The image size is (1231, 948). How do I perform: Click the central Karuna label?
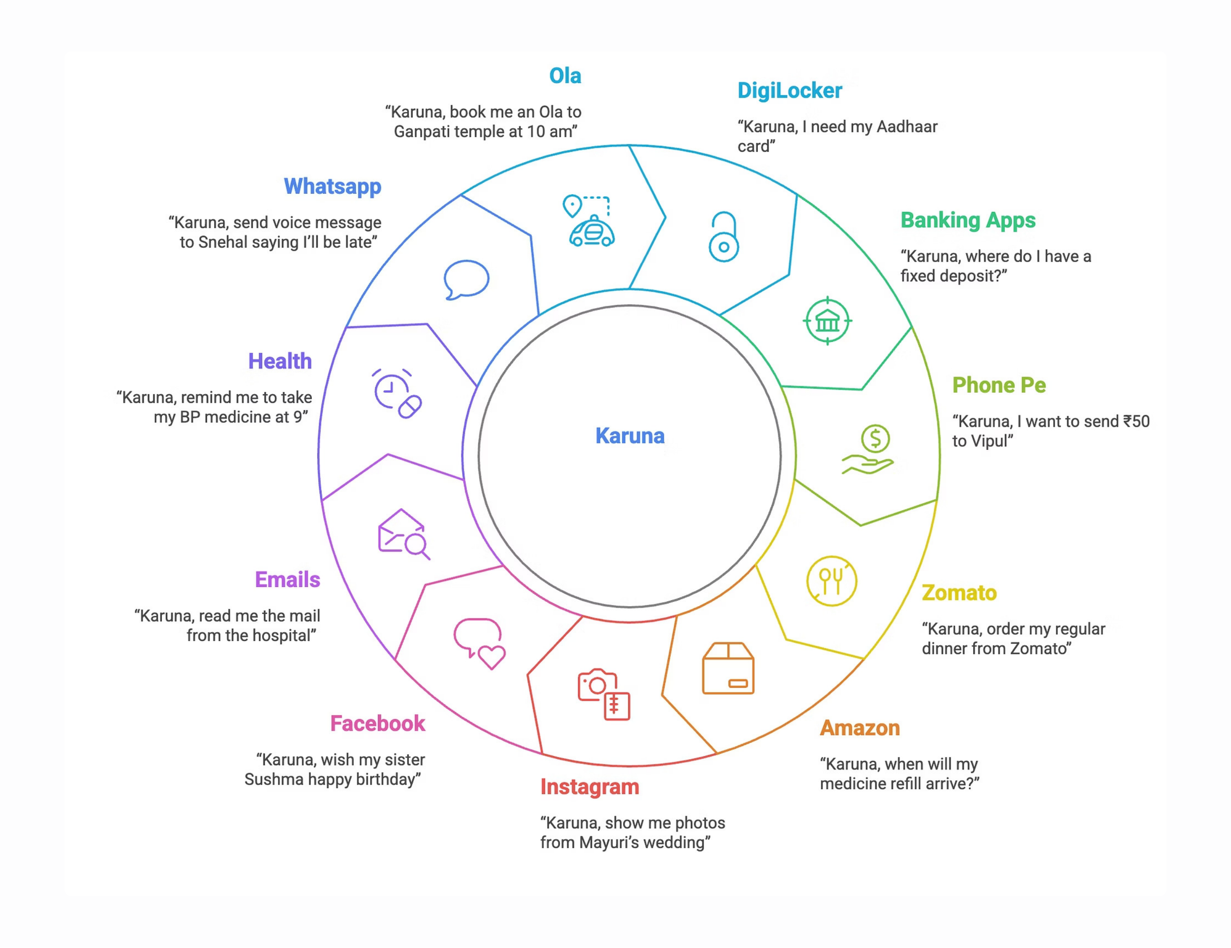tap(630, 436)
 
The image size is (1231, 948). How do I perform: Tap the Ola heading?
tap(565, 76)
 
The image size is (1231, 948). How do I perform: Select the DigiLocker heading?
tap(790, 91)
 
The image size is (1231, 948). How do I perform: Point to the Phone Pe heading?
tap(999, 385)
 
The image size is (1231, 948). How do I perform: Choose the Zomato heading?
tap(959, 593)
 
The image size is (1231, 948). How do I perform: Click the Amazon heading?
tap(859, 727)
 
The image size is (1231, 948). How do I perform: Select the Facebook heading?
tap(378, 724)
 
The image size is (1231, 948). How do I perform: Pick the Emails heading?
tap(287, 580)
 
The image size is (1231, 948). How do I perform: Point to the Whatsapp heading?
tap(332, 186)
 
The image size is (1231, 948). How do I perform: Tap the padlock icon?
tap(724, 237)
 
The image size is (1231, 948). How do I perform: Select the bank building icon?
tap(828, 321)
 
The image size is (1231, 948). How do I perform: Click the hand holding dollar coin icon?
tap(868, 449)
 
